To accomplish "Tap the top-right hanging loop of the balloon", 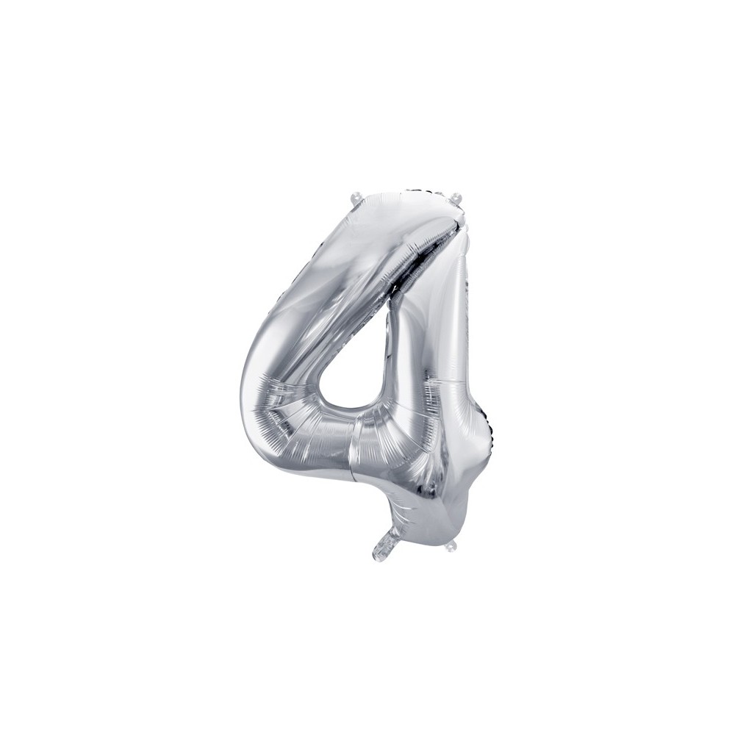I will [456, 197].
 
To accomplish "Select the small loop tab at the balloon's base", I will [451, 546].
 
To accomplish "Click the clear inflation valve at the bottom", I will [384, 546].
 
